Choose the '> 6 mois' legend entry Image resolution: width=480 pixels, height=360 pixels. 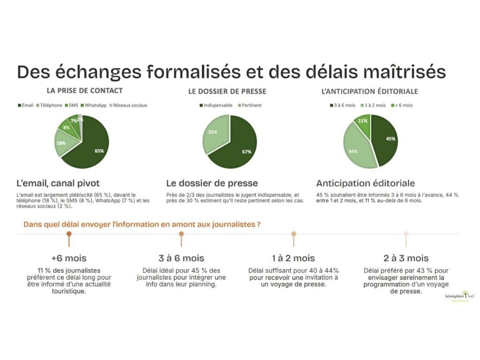click(x=402, y=105)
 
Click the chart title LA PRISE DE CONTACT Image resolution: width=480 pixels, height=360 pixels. click(x=84, y=91)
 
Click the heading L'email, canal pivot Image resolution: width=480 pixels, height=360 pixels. click(x=58, y=183)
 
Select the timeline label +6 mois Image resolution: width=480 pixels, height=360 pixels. click(x=69, y=258)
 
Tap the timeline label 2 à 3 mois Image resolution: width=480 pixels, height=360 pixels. click(x=406, y=258)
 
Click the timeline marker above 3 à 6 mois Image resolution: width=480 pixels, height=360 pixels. click(x=181, y=234)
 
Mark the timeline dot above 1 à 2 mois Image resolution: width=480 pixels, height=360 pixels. click(x=294, y=234)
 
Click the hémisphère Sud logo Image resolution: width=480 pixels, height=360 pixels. click(x=459, y=296)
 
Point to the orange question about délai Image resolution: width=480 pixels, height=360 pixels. click(x=142, y=225)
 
